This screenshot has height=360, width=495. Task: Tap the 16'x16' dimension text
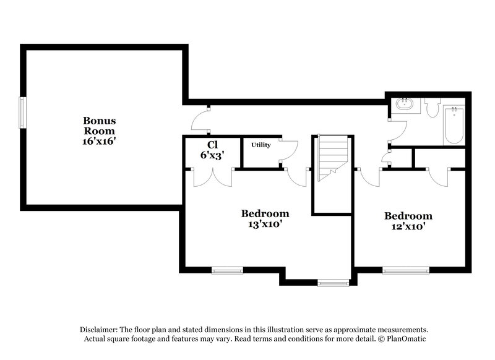100,141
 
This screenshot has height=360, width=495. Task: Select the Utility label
260,145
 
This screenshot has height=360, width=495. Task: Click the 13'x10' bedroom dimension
265,225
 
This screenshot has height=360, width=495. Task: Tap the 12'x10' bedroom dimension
408,227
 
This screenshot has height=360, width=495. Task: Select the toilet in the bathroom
432,106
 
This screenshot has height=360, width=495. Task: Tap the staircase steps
333,158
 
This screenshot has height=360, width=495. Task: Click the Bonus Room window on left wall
23,113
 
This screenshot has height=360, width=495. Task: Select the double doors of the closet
212,178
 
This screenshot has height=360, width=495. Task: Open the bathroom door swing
397,129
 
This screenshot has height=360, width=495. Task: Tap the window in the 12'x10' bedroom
405,270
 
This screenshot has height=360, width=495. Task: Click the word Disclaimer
98,330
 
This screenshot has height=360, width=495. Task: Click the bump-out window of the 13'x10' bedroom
334,283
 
